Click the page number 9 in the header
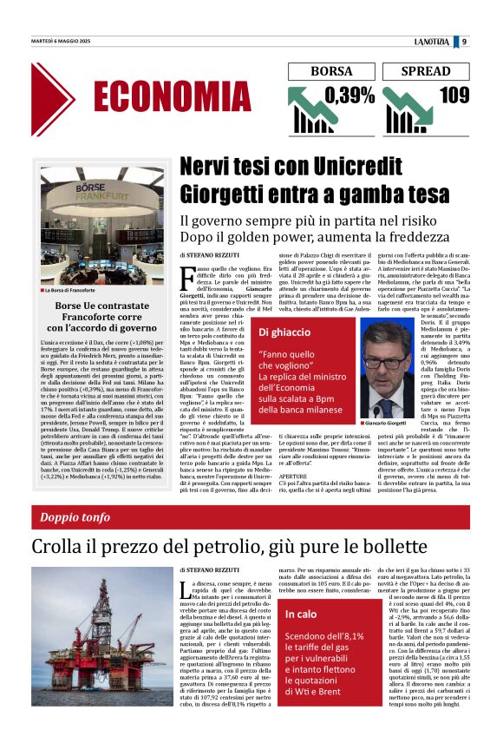pos(465,41)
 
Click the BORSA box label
pos(321,71)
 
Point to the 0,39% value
pos(344,95)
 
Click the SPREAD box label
pos(426,71)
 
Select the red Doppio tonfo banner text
pos(82,518)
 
